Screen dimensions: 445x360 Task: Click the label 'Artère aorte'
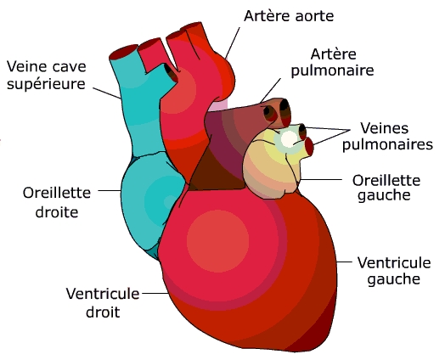point(289,16)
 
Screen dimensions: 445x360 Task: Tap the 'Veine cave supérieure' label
point(46,76)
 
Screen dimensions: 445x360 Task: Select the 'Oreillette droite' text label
point(57,202)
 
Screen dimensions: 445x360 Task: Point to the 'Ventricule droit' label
point(103,302)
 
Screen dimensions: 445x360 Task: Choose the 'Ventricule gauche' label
point(394,270)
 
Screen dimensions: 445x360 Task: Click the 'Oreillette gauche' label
point(386,188)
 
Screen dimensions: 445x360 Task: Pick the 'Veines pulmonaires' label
point(387,136)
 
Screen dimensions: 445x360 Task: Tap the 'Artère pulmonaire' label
point(333,63)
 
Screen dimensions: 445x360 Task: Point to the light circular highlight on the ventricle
point(217,241)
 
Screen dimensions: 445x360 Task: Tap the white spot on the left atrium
point(289,139)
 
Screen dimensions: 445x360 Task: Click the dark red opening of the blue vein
point(123,52)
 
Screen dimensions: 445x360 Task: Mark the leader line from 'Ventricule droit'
point(155,293)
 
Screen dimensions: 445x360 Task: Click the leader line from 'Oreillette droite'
point(110,191)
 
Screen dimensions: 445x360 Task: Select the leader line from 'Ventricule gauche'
point(344,262)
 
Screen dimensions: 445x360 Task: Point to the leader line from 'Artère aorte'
point(233,43)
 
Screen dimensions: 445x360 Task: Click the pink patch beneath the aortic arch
point(218,105)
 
